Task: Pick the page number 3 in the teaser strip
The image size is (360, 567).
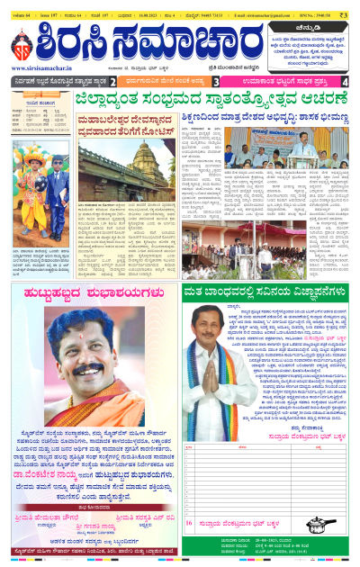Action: pyautogui.click(x=229, y=81)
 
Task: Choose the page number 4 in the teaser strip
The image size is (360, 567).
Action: pyautogui.click(x=346, y=81)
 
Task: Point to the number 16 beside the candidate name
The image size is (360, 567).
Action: pyautogui.click(x=189, y=522)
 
